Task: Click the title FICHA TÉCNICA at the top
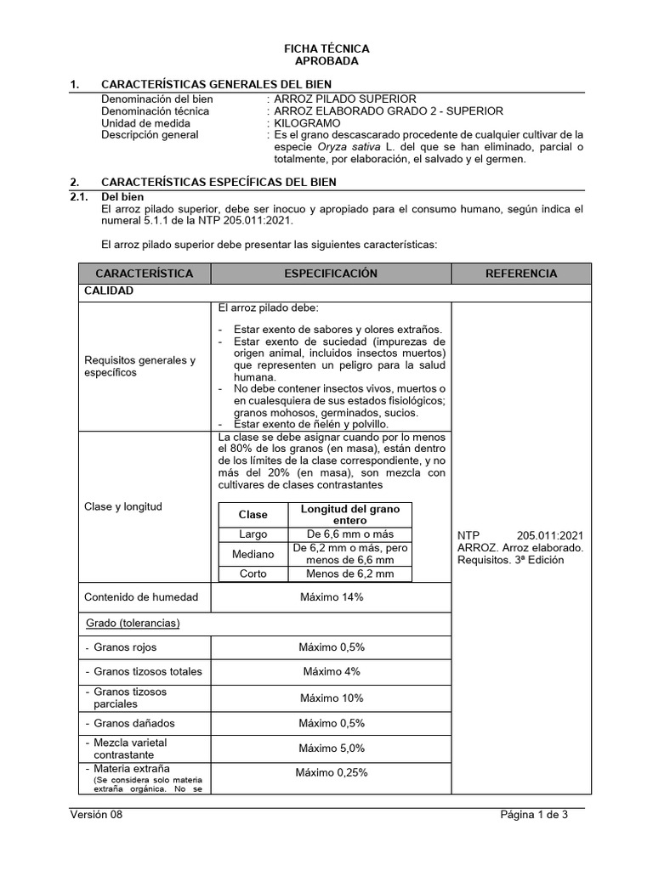(326, 49)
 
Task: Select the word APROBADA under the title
(326, 61)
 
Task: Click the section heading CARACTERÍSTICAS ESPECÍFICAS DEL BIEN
(219, 182)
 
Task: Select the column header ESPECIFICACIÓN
(331, 274)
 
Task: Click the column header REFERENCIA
(520, 274)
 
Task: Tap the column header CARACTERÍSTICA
(144, 274)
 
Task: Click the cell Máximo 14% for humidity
(331, 597)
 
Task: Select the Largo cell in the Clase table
(253, 534)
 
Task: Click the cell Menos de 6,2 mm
(350, 574)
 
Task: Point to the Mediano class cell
(253, 554)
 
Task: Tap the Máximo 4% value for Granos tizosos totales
(331, 671)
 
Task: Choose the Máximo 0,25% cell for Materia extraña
(331, 773)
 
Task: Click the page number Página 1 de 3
(534, 816)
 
